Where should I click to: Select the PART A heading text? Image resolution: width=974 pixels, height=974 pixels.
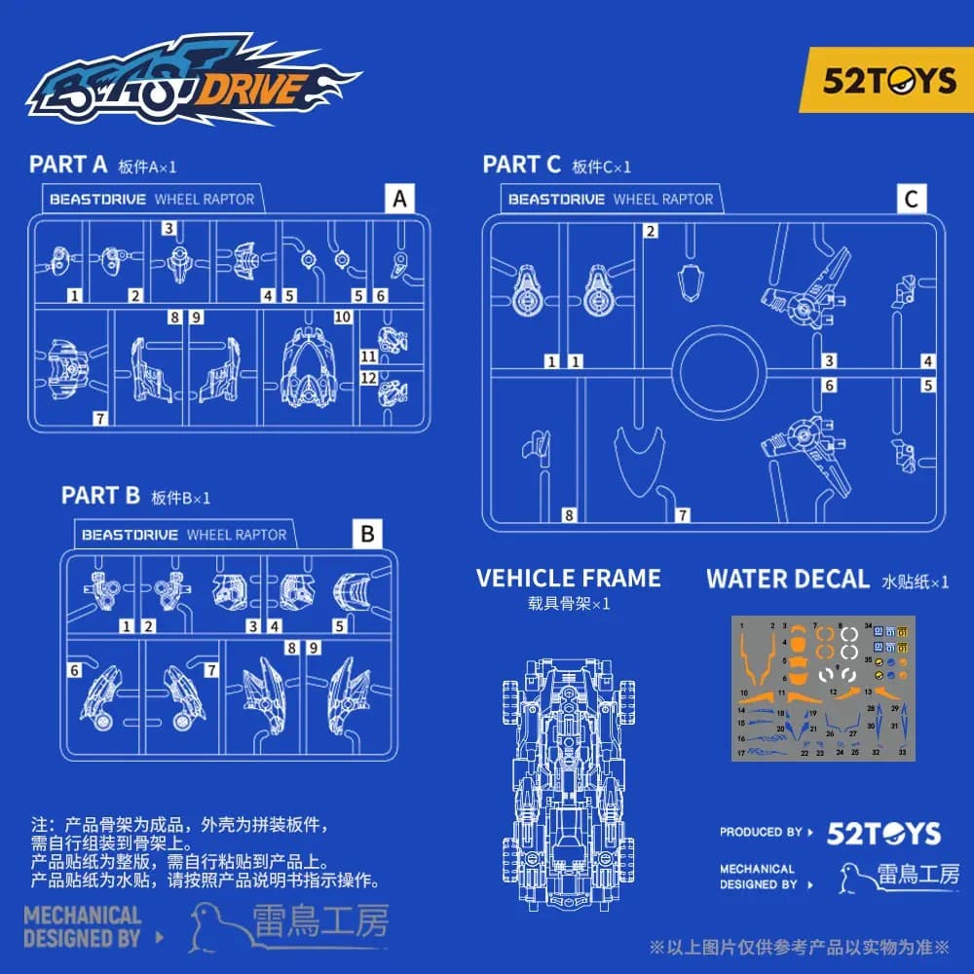click(x=68, y=164)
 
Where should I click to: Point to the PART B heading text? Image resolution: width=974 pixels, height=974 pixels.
click(x=101, y=495)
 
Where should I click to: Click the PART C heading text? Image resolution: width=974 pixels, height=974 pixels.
click(x=522, y=165)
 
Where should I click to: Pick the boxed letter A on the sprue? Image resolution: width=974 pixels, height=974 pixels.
click(x=398, y=200)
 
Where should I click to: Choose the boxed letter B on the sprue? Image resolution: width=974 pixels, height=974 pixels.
click(x=367, y=534)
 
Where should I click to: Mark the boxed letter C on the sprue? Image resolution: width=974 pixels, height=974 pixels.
click(x=911, y=200)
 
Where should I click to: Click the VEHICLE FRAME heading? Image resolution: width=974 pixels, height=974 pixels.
click(x=568, y=578)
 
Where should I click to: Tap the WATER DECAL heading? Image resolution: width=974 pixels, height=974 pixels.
click(x=787, y=579)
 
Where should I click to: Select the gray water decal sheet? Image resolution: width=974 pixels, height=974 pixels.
click(x=824, y=689)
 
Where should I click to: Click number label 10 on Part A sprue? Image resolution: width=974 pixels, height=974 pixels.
click(x=342, y=317)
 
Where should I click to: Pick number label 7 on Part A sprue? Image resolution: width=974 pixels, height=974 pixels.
click(x=99, y=418)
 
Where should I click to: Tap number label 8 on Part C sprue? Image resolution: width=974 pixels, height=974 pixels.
click(x=569, y=514)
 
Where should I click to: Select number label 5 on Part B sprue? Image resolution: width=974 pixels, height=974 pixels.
click(x=340, y=626)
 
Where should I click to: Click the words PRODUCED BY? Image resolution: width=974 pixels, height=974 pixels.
click(x=761, y=832)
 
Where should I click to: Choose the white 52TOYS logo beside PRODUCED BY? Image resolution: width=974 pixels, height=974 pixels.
click(x=883, y=833)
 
